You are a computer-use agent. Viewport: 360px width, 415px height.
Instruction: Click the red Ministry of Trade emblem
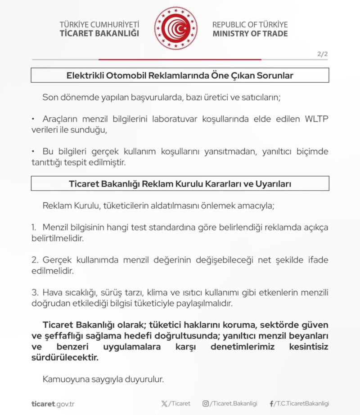tap(175, 28)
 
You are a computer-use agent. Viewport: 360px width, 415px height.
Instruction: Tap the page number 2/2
tap(323, 54)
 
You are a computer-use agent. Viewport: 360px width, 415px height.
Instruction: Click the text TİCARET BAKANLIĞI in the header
tap(99, 33)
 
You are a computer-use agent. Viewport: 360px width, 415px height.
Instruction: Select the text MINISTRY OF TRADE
tap(250, 34)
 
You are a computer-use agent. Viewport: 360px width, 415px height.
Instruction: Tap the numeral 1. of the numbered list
tap(35, 228)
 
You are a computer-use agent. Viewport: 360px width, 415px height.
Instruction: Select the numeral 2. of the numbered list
tap(35, 260)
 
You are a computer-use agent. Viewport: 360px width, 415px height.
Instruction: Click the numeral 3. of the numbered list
tap(35, 293)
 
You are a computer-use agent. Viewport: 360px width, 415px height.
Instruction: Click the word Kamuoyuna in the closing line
tap(63, 379)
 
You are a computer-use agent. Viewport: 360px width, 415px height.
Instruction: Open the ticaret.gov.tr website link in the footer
tap(53, 404)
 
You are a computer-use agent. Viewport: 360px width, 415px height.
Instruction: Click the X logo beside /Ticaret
tap(164, 404)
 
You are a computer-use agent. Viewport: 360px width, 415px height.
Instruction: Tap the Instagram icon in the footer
tap(206, 404)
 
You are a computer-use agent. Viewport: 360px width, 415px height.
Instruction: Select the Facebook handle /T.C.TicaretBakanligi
tap(302, 404)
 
